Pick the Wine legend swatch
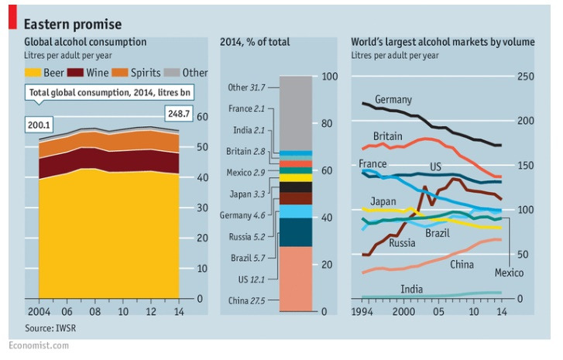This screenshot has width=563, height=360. tap(76, 73)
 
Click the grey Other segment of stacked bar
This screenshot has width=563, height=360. tap(295, 112)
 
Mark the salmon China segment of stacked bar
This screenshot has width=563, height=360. tap(295, 279)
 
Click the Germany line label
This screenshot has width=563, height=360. tap(393, 100)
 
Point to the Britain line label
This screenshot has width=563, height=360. tap(387, 136)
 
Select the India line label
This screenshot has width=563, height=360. tap(411, 289)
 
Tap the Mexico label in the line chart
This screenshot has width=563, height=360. tap(509, 273)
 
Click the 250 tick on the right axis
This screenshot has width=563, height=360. tap(526, 76)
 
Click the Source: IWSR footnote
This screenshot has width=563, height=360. tap(46, 328)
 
